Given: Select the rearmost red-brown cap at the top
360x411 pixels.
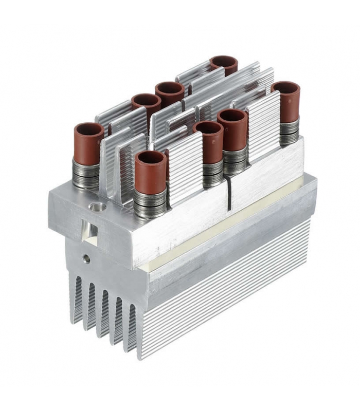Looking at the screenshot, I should click(x=224, y=64).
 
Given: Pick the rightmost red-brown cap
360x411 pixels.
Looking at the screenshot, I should click(x=286, y=101).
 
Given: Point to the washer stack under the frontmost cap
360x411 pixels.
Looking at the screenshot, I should click(x=150, y=203).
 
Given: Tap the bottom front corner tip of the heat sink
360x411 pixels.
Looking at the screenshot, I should click(x=140, y=356).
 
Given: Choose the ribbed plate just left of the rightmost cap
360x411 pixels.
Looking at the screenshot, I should click(x=263, y=123).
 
